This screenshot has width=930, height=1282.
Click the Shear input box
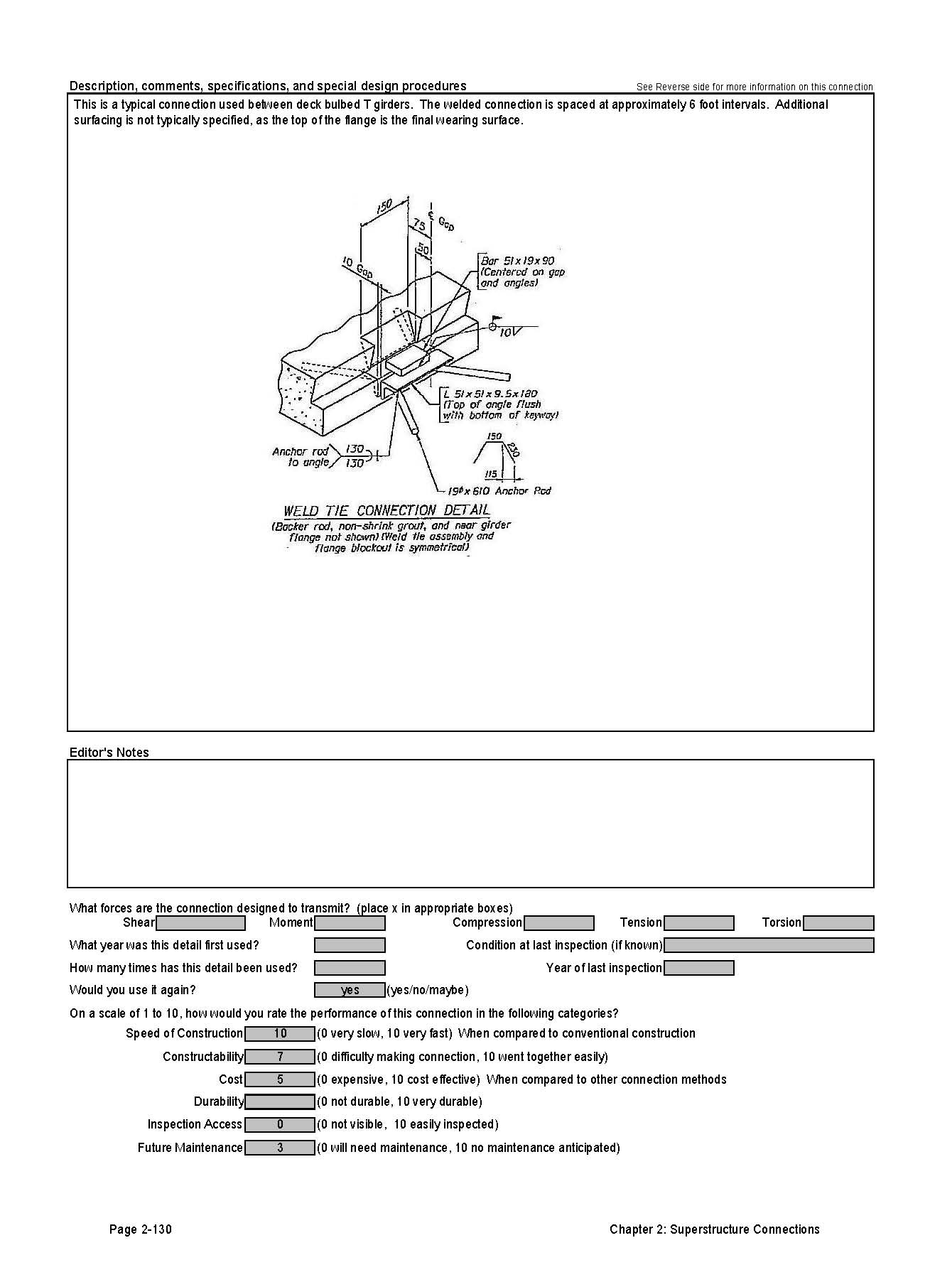tap(200, 923)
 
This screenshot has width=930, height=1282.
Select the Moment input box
tap(350, 923)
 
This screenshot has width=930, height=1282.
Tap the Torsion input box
tap(838, 923)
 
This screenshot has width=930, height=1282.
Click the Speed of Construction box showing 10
tap(280, 1034)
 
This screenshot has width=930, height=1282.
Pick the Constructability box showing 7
tap(280, 1057)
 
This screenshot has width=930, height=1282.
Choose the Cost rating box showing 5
tap(280, 1080)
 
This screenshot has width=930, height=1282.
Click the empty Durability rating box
tap(280, 1102)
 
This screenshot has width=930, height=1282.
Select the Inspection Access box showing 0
tap(280, 1125)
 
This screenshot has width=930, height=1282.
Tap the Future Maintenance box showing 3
tap(280, 1148)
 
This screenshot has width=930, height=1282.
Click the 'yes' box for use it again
tap(350, 991)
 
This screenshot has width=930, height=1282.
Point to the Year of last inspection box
tap(698, 968)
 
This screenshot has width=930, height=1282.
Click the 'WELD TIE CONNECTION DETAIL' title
tap(386, 510)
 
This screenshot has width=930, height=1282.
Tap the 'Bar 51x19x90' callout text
tap(517, 261)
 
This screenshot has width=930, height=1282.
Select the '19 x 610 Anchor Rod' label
tap(499, 491)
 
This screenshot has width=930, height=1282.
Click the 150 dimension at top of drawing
tap(384, 206)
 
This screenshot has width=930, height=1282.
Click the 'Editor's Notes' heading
tap(109, 753)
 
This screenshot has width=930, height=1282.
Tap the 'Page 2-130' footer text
tap(141, 1230)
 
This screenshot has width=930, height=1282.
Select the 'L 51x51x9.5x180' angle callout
tap(490, 394)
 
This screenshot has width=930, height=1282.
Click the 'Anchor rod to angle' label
tap(301, 457)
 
